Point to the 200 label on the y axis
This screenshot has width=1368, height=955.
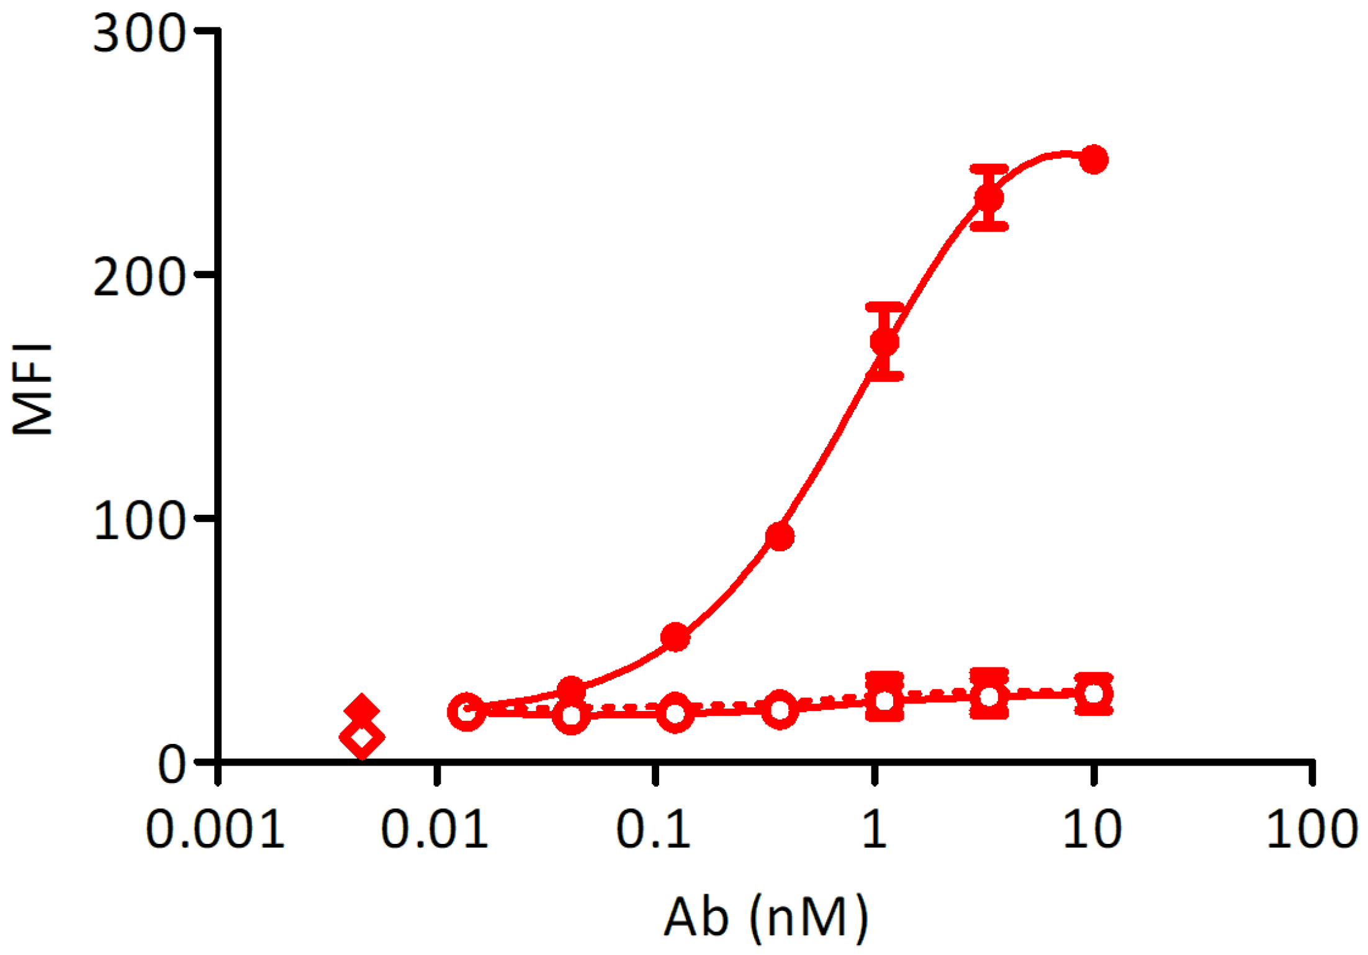click(x=139, y=277)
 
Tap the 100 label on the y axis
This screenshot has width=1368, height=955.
click(x=139, y=520)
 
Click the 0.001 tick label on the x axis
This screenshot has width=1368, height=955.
click(x=215, y=830)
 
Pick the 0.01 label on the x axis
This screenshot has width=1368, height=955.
click(x=434, y=830)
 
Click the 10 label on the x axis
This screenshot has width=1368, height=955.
click(x=1092, y=830)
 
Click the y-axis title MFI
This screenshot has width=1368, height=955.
click(x=32, y=389)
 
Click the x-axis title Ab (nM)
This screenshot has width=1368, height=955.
click(x=766, y=917)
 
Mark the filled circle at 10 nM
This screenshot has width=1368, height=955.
click(x=1094, y=160)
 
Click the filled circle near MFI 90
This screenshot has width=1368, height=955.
click(x=780, y=536)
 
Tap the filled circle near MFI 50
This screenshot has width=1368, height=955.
click(x=676, y=637)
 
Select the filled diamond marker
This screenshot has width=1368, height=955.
click(x=361, y=709)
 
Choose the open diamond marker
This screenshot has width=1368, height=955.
click(x=362, y=738)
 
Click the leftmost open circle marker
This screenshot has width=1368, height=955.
click(x=467, y=712)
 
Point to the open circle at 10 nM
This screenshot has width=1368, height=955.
click(x=1094, y=694)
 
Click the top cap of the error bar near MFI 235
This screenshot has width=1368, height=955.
click(x=989, y=168)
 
